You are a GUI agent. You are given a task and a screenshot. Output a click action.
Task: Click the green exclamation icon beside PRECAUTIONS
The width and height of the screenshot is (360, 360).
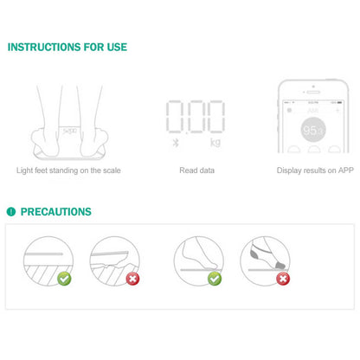(11, 211)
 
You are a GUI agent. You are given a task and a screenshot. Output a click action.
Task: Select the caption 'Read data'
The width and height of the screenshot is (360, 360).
(196, 170)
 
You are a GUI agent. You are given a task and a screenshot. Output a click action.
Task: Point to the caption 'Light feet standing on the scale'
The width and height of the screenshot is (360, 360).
(68, 170)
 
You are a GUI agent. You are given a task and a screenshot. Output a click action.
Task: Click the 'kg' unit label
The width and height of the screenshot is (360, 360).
(215, 141)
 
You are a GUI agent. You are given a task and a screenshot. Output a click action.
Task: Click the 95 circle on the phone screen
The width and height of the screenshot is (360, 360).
(312, 130)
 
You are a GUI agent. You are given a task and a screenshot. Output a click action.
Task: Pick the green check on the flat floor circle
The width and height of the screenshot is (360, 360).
(64, 278)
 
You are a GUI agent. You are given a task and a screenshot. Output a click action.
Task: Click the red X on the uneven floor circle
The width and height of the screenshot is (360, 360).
(132, 278)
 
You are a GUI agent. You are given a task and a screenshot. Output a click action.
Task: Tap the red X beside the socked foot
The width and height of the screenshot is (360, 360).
(283, 278)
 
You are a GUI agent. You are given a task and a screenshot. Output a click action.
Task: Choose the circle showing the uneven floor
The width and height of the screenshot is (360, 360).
(114, 260)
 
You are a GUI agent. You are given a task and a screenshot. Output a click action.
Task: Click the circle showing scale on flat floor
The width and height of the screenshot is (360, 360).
(46, 260)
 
